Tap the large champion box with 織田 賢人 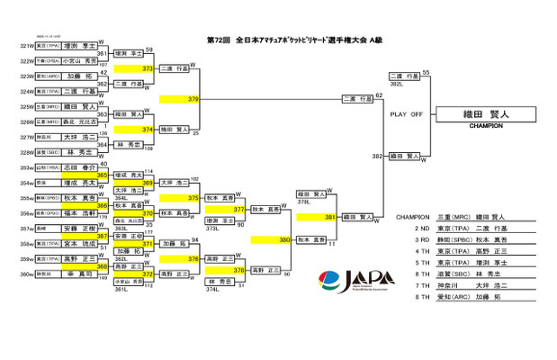pos(486,114)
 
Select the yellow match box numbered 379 pos(179,98)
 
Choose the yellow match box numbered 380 pos(270,239)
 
